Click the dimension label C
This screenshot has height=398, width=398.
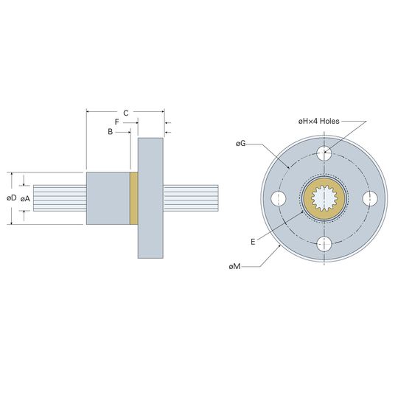tap(125, 113)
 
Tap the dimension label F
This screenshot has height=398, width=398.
tap(116, 122)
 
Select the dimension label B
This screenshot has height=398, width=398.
tap(110, 132)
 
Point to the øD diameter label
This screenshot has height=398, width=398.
tap(11, 198)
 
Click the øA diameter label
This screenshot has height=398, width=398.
tap(25, 199)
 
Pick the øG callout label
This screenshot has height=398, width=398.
tap(240, 144)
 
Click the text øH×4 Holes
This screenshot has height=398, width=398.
tap(319, 121)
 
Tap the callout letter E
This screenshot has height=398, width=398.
tap(253, 242)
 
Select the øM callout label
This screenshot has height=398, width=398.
tap(234, 267)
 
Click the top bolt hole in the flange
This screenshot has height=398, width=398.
tap(324, 153)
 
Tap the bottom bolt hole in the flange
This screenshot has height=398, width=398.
tap(324, 244)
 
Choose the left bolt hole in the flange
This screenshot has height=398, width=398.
tap(279, 198)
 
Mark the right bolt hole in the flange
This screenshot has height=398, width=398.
tap(369, 198)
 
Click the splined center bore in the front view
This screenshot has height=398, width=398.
tap(324, 198)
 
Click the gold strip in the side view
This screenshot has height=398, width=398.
tap(133, 198)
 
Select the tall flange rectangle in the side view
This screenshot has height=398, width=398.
tap(150, 198)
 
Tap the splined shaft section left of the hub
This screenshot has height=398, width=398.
tap(60, 198)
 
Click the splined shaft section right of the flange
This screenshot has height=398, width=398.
tap(191, 198)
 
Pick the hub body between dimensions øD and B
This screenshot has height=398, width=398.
tap(108, 198)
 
